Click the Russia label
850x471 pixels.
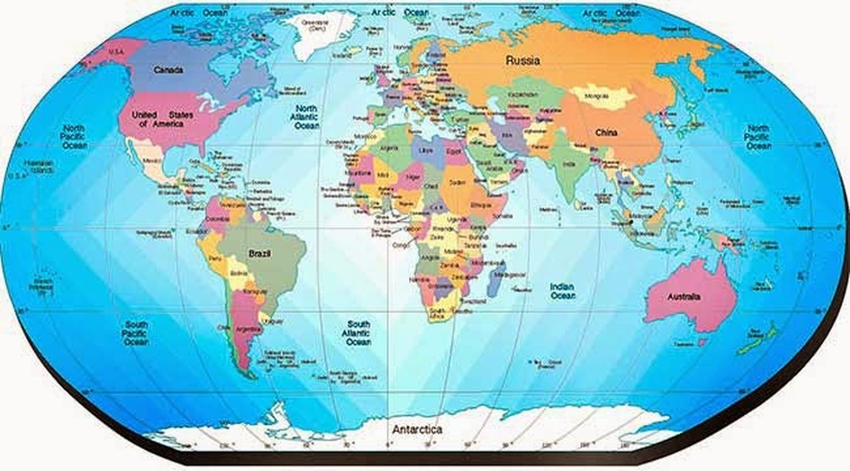coord(523,60)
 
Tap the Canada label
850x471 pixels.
coord(168,70)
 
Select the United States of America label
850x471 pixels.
coord(162,119)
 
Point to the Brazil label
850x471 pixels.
coord(260,254)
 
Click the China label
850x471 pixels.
coord(606,132)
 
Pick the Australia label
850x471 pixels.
coord(684,297)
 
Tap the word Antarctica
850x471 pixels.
coord(417,429)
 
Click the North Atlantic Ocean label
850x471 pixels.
coord(307,117)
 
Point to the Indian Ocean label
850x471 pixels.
coord(562,291)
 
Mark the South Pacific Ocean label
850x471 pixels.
coord(136,333)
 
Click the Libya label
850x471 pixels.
coord(426,151)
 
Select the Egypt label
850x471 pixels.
coord(454,151)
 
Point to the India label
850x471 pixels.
coord(569,164)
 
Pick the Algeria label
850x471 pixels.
coord(389,148)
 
